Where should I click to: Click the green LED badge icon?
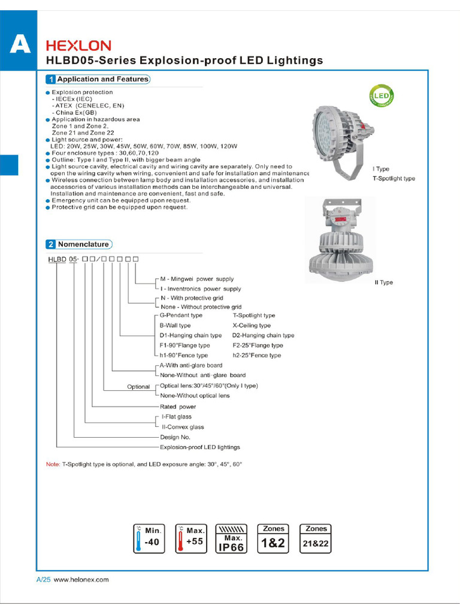(x=382, y=95)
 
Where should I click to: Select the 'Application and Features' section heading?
(x=98, y=79)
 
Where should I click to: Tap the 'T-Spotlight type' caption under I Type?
(x=394, y=179)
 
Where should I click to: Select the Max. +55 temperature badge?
(x=190, y=538)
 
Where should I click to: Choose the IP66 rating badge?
(x=230, y=538)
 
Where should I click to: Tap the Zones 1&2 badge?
(x=273, y=538)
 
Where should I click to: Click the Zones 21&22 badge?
(x=316, y=538)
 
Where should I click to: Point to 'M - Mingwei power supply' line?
(x=196, y=279)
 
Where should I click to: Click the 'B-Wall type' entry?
(x=175, y=326)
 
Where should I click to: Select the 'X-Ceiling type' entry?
(x=252, y=326)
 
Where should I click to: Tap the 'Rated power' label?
(x=178, y=407)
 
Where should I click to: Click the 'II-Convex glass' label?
(x=183, y=427)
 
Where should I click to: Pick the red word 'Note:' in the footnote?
(x=53, y=465)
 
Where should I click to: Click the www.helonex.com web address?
(x=81, y=580)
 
